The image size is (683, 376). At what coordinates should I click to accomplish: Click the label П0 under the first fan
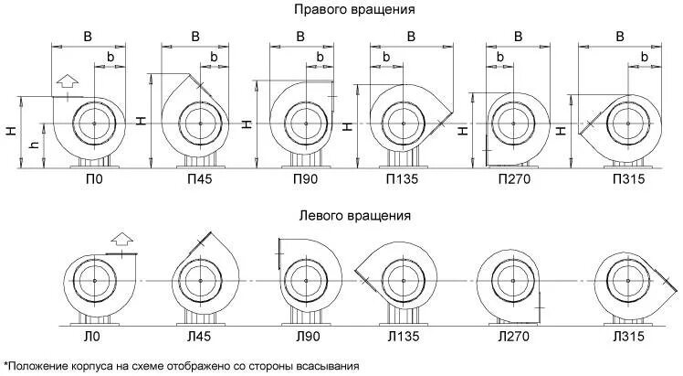[92, 180]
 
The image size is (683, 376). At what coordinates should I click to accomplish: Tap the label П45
[197, 180]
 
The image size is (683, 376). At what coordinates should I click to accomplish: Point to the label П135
[402, 180]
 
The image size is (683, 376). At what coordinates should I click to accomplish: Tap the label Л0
[92, 338]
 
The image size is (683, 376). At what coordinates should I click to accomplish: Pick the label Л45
[197, 338]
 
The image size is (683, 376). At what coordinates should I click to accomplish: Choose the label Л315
[626, 338]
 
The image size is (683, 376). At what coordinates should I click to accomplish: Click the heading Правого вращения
[354, 10]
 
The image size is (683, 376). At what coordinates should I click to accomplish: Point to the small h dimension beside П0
[34, 146]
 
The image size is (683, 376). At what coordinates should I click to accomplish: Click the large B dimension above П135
[410, 37]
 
